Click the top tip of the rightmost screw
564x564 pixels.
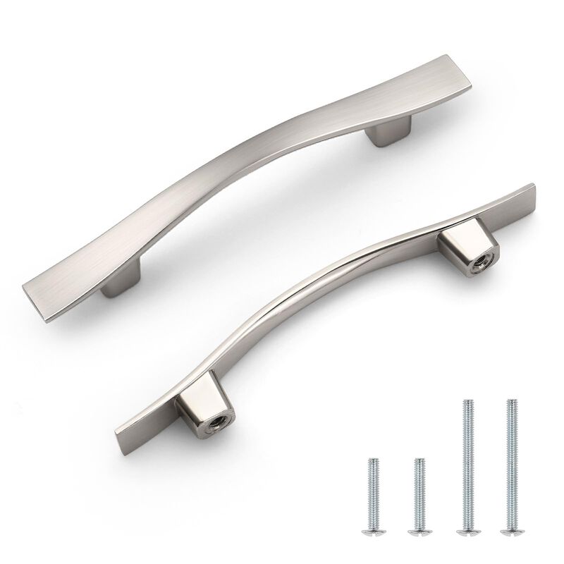click(508, 401)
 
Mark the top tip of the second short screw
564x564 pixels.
click(419, 461)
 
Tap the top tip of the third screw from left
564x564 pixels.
click(467, 401)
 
